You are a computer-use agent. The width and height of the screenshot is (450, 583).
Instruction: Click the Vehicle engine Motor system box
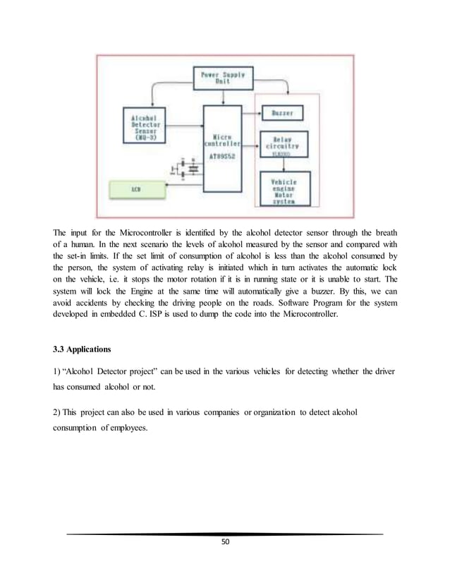coord(286,191)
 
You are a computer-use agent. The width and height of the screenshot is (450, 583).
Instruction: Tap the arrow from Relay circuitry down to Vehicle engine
coord(286,164)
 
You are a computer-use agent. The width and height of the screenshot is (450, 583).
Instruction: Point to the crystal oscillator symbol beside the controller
coord(186,168)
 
